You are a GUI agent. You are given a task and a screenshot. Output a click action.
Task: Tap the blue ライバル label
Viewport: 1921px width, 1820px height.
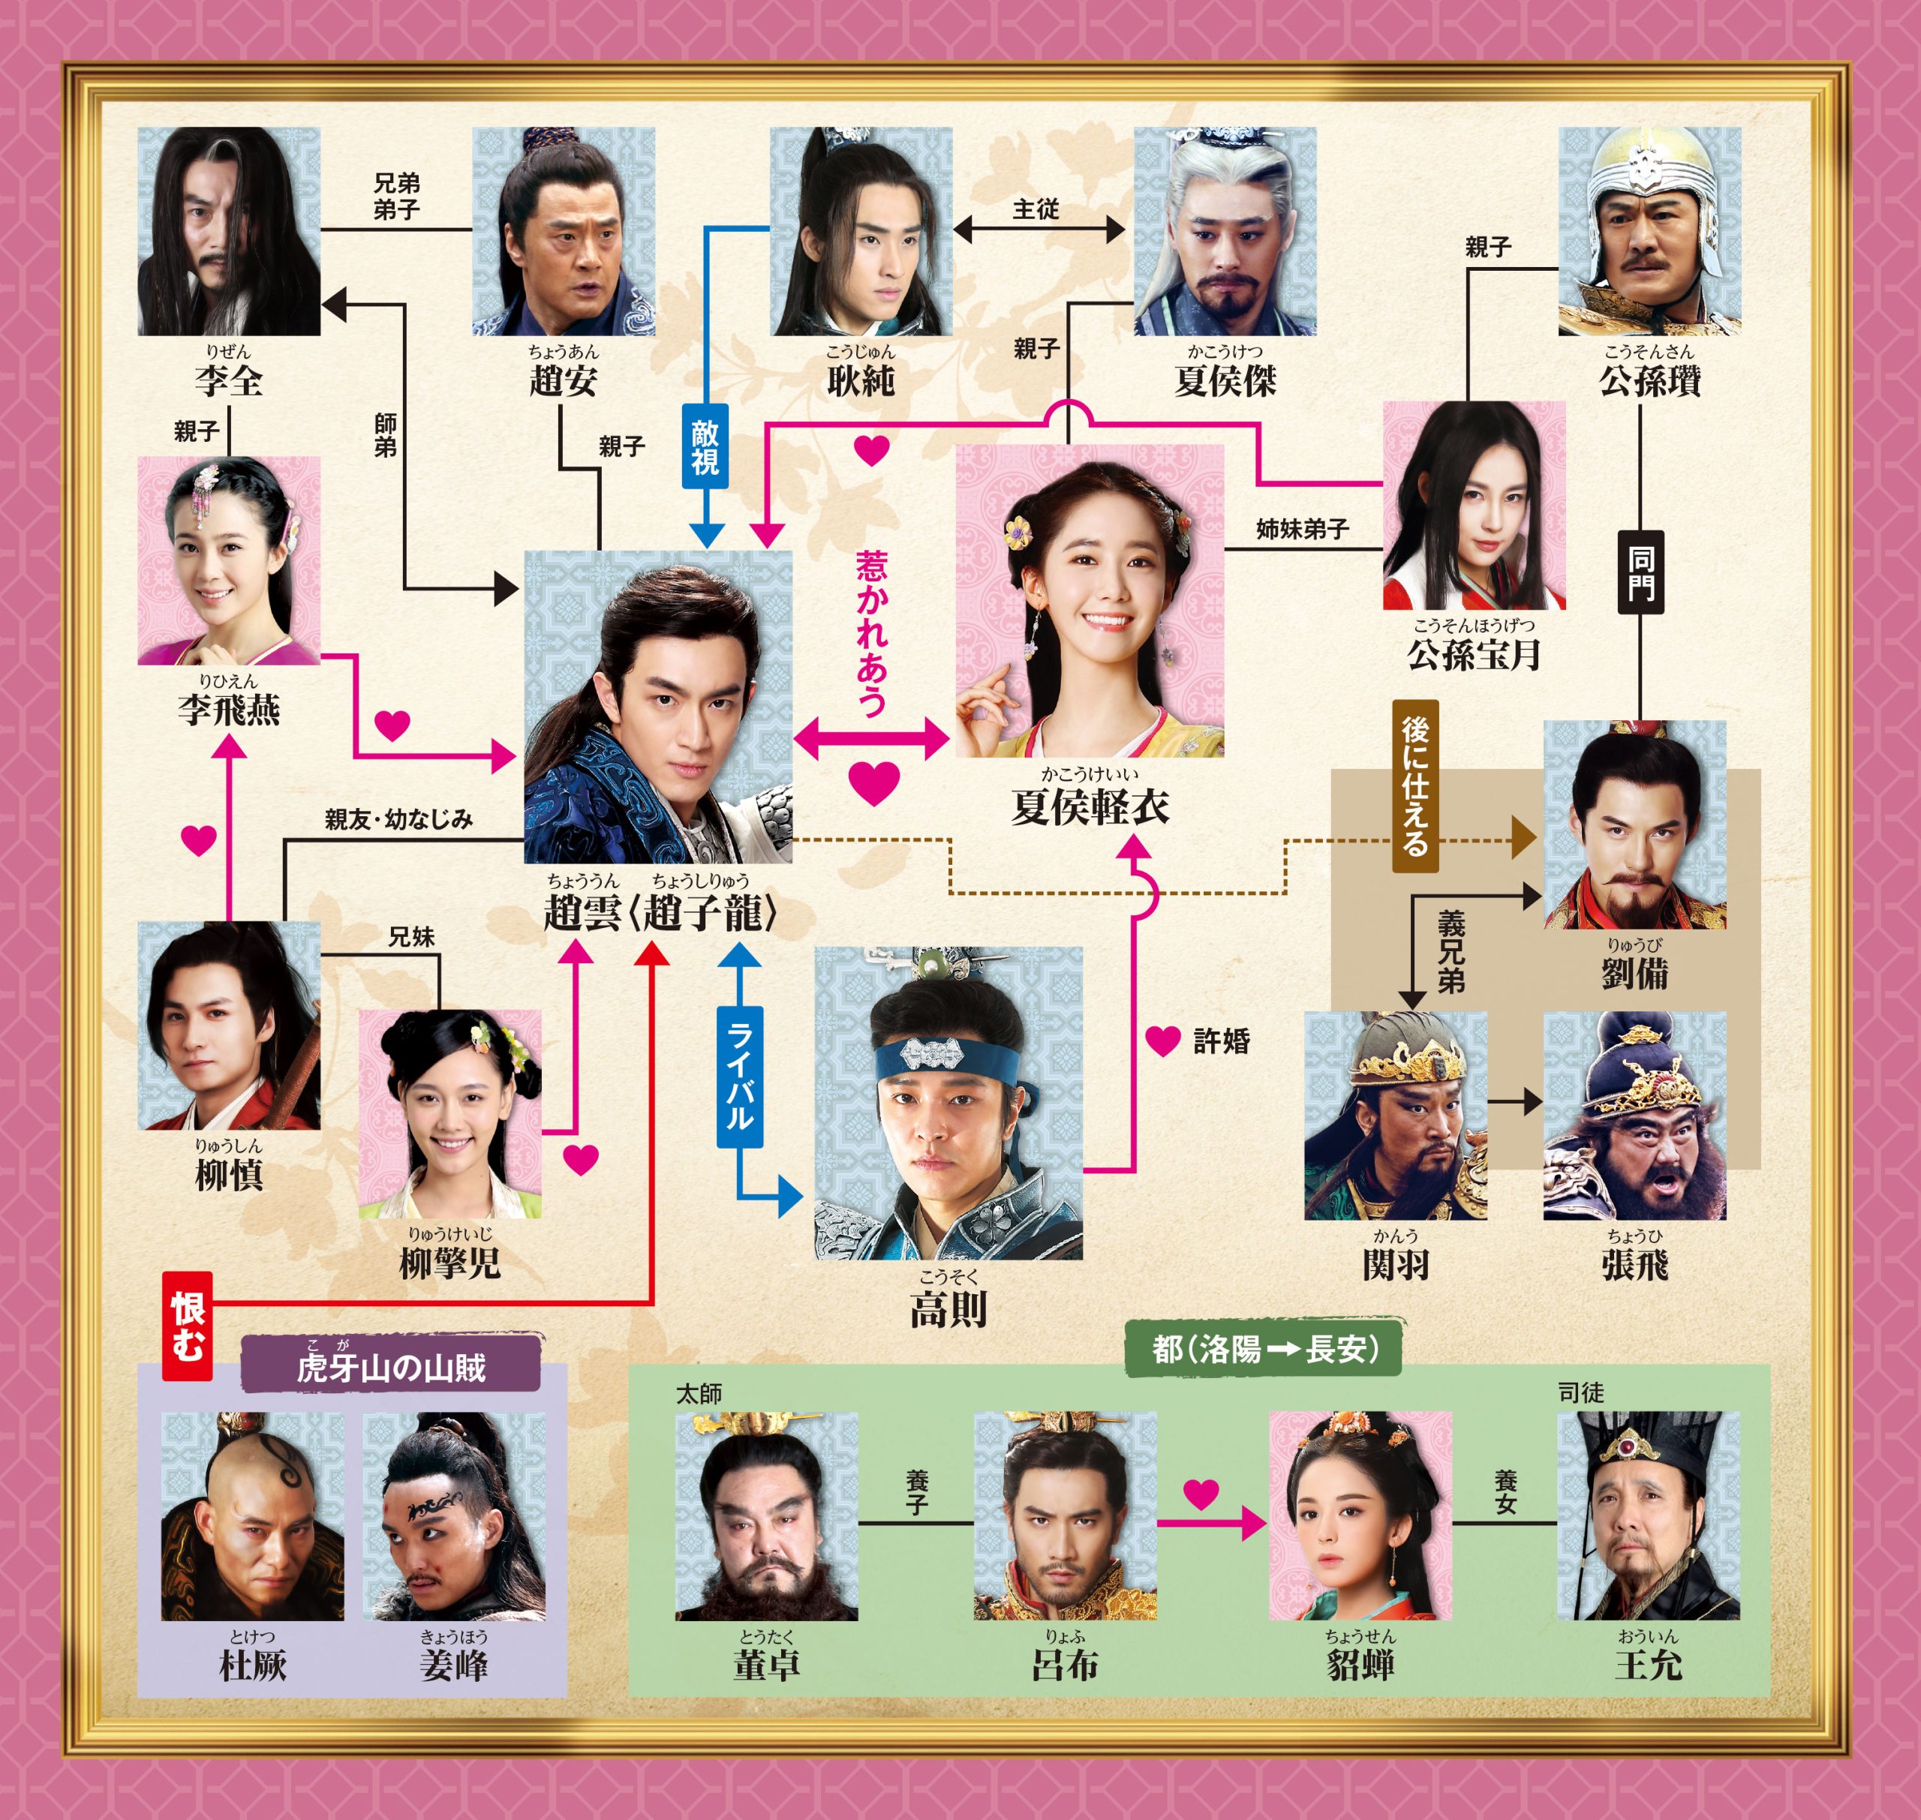738,1077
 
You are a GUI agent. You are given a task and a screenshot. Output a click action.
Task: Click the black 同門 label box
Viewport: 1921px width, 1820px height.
1640,572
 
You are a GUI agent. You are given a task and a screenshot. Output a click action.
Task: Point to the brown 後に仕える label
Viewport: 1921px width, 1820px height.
1414,785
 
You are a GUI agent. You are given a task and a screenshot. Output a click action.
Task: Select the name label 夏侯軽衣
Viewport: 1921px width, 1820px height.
1090,806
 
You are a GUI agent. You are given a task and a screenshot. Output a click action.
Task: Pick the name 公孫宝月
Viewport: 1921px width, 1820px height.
1474,655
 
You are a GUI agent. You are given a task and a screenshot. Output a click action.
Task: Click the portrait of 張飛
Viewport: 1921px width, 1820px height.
1635,1116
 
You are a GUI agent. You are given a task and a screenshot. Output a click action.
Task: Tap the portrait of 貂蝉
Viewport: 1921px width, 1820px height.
1360,1515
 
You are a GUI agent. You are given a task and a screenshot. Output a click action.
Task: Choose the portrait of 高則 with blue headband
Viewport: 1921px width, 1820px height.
948,1103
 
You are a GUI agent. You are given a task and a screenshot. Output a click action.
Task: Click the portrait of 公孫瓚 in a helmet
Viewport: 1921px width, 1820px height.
1649,231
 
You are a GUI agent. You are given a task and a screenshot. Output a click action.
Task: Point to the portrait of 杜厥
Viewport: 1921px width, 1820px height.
252,1515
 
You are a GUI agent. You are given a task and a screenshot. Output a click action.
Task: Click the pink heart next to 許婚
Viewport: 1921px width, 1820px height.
1163,1041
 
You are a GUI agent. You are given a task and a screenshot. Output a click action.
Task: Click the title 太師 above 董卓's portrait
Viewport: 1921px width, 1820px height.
699,1394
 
